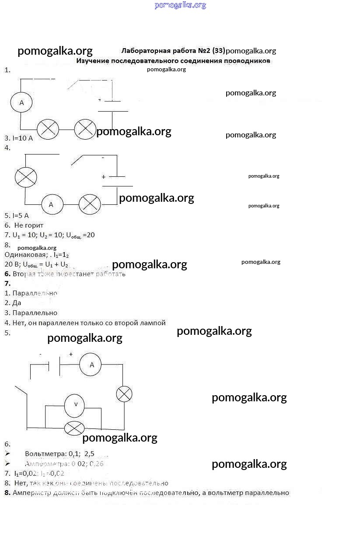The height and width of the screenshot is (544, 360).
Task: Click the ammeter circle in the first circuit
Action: tap(21, 102)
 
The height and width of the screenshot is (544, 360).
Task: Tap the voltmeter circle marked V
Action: tap(74, 405)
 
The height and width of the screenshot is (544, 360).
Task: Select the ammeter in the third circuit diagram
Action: tap(91, 365)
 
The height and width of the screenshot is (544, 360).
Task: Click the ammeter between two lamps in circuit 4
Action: tap(52, 204)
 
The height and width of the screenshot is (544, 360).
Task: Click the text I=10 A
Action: tap(19, 138)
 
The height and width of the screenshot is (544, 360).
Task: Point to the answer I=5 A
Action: tap(17, 215)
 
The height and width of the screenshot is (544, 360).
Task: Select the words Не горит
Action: tap(29, 225)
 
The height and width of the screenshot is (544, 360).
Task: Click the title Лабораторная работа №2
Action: tap(173, 50)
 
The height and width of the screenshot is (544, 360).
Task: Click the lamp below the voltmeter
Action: tap(74, 428)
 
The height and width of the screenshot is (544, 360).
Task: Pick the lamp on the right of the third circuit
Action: tap(124, 394)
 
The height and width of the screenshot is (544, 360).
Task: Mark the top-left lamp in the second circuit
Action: tap(26, 178)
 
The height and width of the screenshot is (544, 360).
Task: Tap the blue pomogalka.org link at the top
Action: tap(180, 5)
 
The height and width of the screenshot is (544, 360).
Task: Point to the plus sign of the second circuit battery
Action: tap(104, 177)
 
